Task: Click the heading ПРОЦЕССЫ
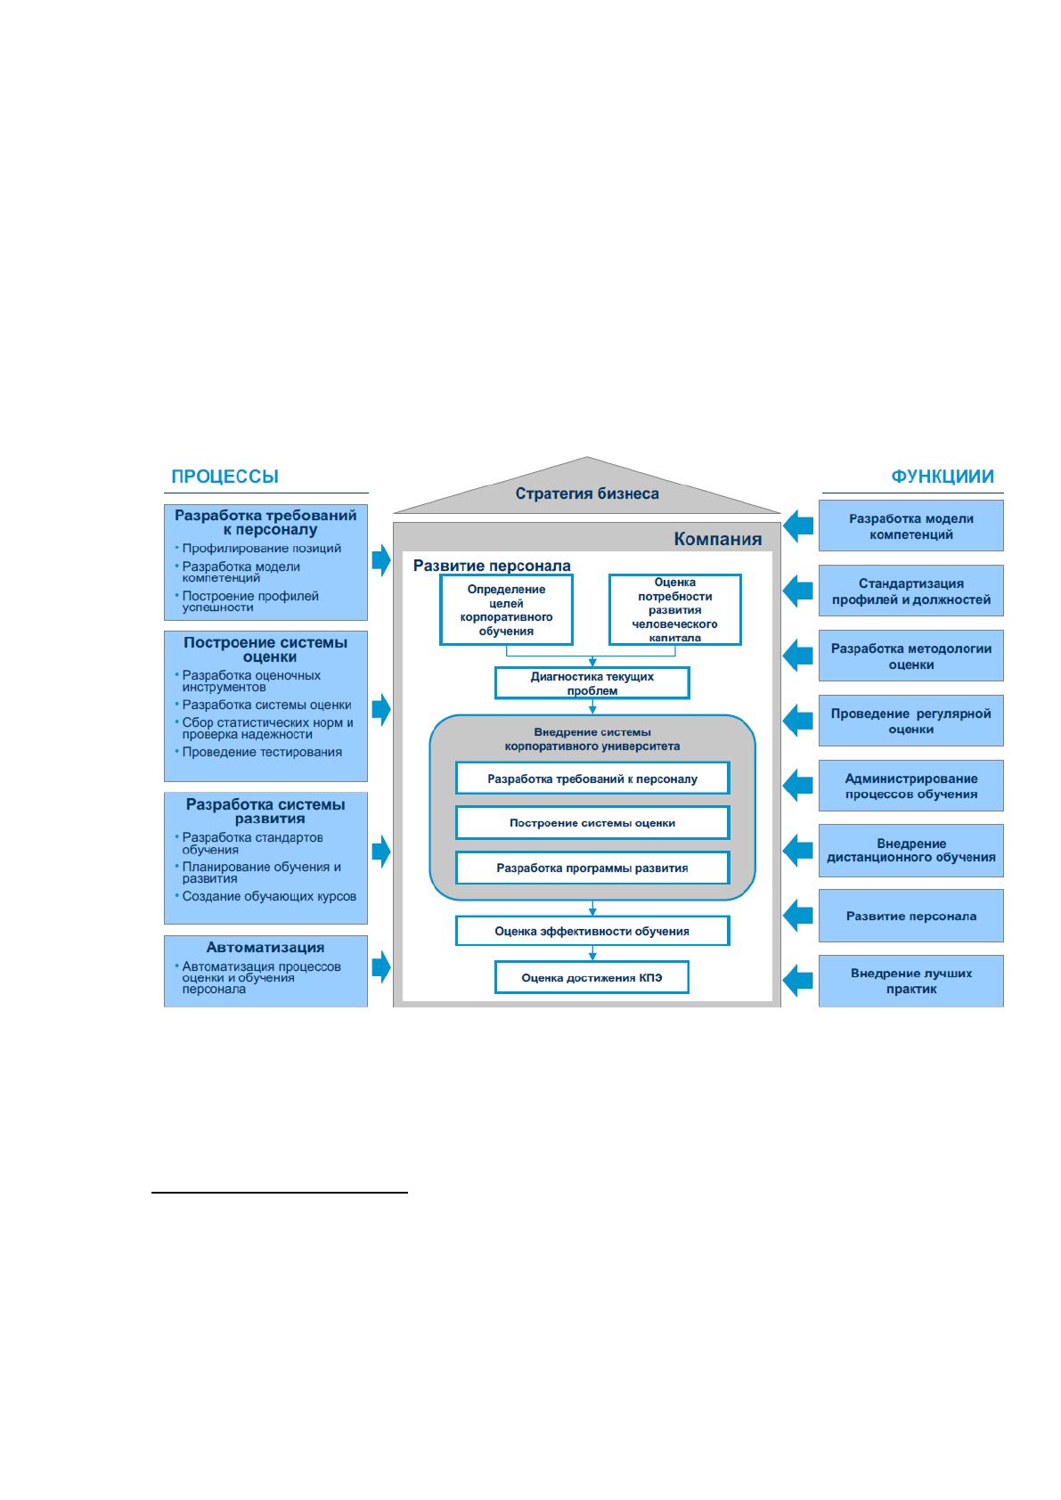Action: (x=224, y=477)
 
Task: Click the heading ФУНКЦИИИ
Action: (x=942, y=477)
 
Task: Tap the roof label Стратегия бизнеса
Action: (x=587, y=493)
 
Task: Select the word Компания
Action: (x=717, y=538)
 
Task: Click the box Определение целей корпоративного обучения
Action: (x=506, y=609)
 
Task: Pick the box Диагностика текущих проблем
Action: (x=592, y=683)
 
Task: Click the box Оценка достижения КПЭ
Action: (x=592, y=978)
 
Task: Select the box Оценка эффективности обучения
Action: (x=592, y=931)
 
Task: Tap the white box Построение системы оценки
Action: (x=592, y=823)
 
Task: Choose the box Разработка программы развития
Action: (x=592, y=868)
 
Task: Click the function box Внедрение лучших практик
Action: (x=911, y=981)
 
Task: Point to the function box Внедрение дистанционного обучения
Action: (x=911, y=851)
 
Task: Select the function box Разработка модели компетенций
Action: (x=911, y=526)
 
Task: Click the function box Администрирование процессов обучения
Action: (x=911, y=787)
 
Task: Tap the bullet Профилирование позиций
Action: (x=261, y=549)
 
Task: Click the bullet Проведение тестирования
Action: (x=262, y=752)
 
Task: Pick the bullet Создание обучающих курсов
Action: (x=269, y=896)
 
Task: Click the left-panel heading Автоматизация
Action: (x=265, y=948)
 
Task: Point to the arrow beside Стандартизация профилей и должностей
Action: (x=798, y=591)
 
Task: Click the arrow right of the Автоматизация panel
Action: (x=381, y=967)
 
